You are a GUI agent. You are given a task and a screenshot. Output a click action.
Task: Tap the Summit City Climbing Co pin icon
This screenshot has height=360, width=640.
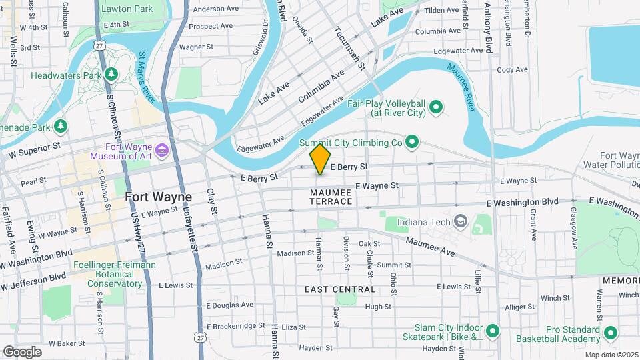pyautogui.click(x=412, y=141)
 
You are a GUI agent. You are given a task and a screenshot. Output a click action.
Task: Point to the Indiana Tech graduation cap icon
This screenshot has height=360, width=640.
pyautogui.click(x=460, y=221)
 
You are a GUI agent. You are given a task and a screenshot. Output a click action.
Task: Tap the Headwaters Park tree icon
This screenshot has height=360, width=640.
pyautogui.click(x=113, y=73)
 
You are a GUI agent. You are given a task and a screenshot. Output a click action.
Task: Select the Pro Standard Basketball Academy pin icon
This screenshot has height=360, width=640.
pyautogui.click(x=609, y=331)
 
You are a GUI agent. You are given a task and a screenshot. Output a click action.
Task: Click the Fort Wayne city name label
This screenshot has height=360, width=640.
pyautogui.click(x=158, y=197)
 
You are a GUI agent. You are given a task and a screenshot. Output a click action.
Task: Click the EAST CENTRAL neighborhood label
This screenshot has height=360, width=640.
pyautogui.click(x=340, y=289)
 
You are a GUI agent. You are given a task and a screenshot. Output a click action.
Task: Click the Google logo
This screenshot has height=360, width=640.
pyautogui.click(x=22, y=351)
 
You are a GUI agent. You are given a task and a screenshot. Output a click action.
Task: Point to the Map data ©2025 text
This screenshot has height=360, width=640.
pyautogui.click(x=610, y=355)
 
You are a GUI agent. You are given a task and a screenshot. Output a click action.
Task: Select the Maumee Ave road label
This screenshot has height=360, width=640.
pyautogui.click(x=430, y=248)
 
